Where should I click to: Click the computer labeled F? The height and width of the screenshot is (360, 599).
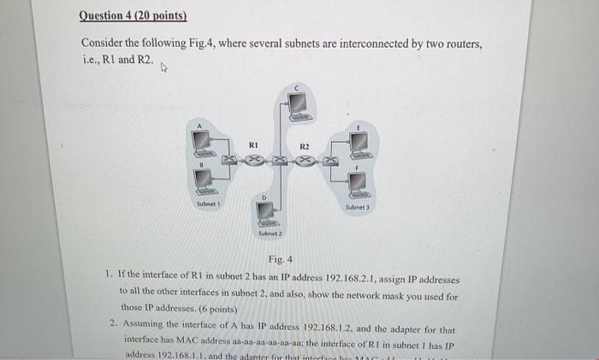359,182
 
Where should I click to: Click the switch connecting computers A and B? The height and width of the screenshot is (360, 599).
228,160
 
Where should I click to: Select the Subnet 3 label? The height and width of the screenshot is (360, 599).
357,208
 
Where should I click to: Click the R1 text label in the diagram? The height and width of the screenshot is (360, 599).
253,146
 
